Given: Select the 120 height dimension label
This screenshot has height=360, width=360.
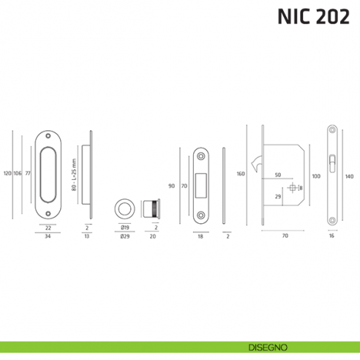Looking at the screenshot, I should click(x=7, y=173).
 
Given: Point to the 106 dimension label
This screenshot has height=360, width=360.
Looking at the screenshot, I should click(x=18, y=173).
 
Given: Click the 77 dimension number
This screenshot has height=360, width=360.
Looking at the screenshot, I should click(x=28, y=173).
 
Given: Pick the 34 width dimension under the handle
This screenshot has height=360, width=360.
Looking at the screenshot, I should click(x=48, y=237).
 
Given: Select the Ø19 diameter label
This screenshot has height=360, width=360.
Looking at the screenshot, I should click(x=124, y=228).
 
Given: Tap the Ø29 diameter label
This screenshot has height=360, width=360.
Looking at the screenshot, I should click(x=124, y=237).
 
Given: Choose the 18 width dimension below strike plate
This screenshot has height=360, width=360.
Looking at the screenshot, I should click(x=200, y=237).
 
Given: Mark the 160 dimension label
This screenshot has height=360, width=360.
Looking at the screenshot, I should click(x=240, y=174).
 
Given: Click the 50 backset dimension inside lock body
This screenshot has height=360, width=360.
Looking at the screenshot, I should click(x=278, y=176).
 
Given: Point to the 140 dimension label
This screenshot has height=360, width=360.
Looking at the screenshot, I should click(x=349, y=176).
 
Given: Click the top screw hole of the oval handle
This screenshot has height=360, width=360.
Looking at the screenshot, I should click(x=48, y=136).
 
